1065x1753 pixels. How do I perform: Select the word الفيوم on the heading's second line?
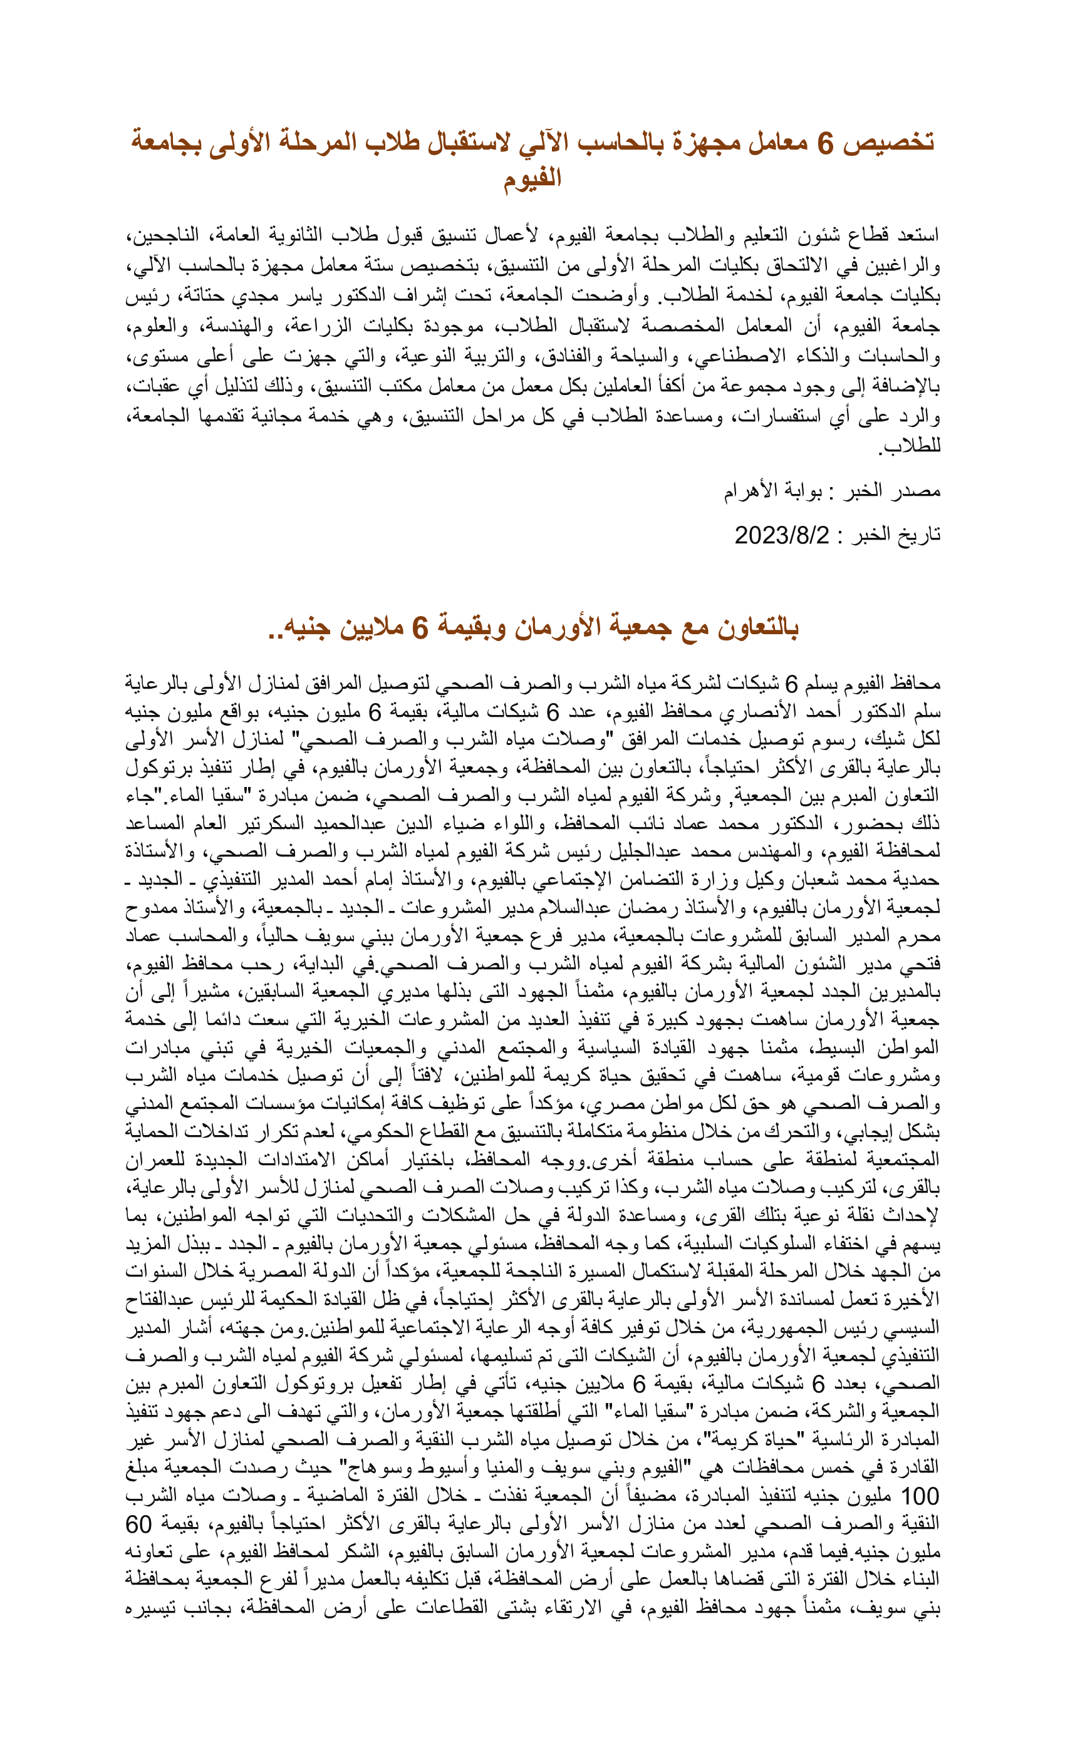[x=532, y=178]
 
